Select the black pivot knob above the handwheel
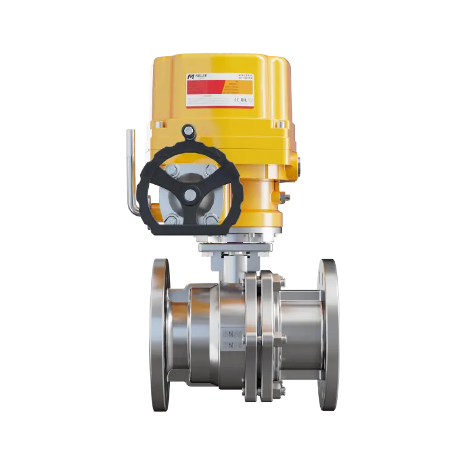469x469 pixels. [x=188, y=130]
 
